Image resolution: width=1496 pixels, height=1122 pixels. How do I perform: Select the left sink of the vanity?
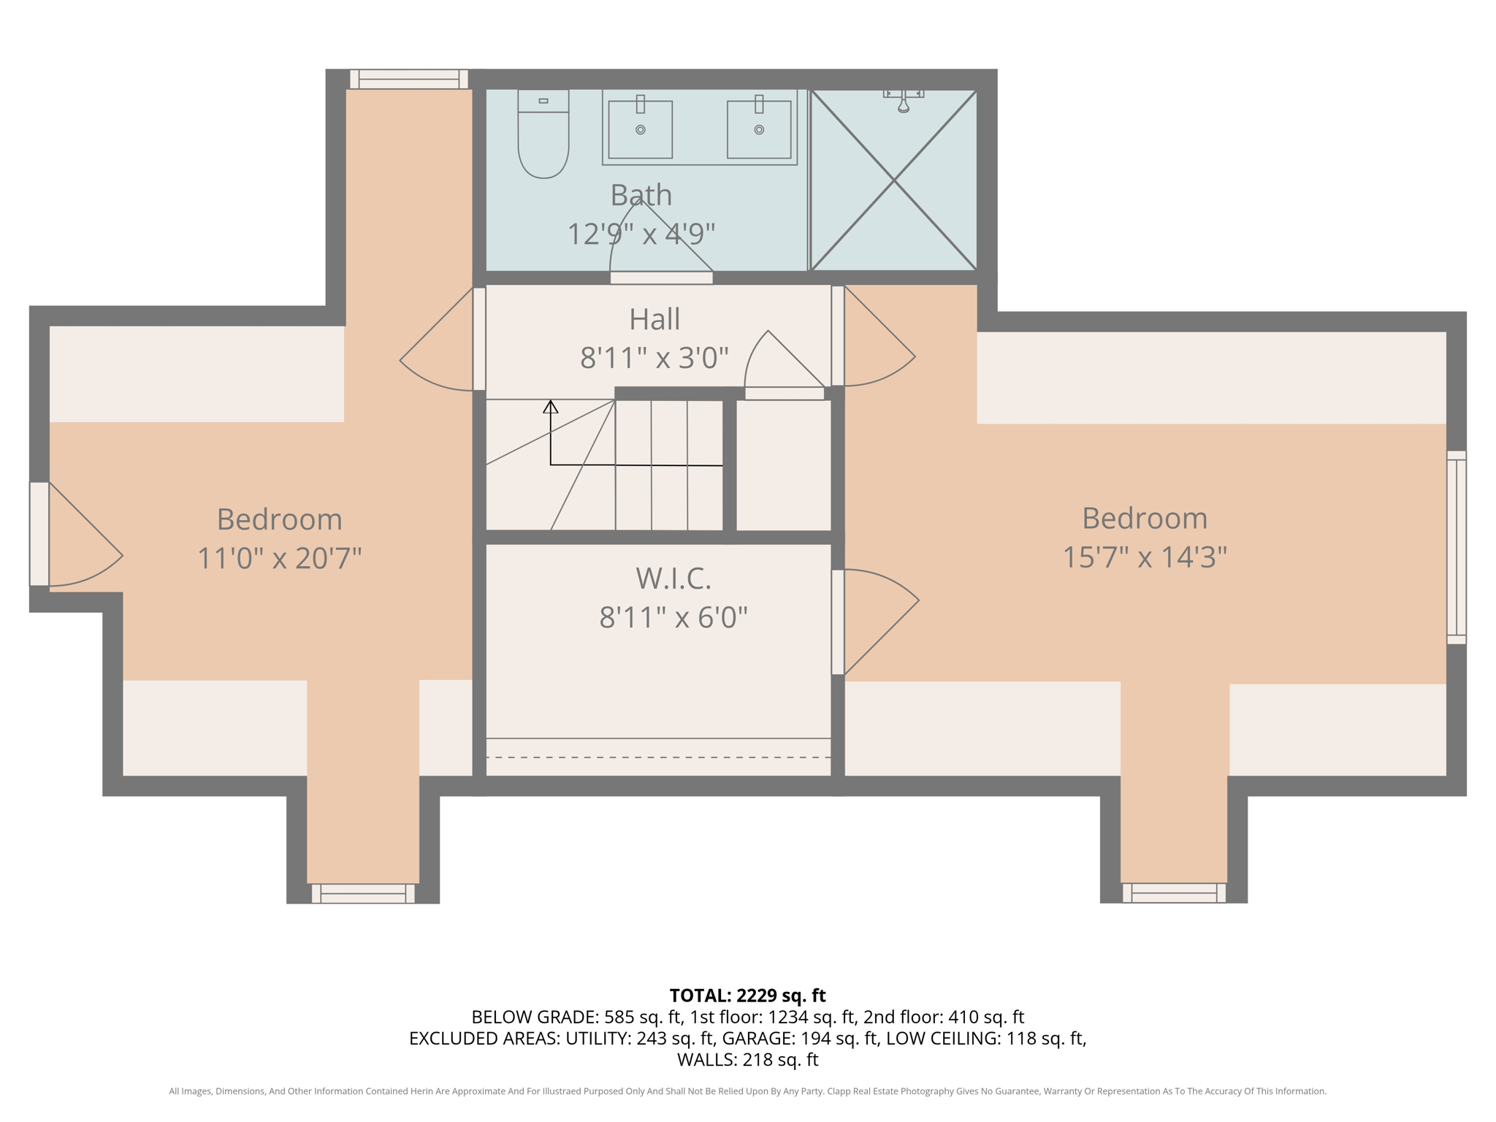[640, 129]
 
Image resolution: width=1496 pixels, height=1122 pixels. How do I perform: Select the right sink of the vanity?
[759, 129]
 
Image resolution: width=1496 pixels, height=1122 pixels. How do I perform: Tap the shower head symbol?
[904, 103]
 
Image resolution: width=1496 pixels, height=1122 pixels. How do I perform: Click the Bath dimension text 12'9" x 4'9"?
[641, 234]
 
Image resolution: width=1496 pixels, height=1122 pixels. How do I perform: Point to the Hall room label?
[654, 319]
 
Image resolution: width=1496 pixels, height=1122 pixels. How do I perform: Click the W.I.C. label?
[673, 579]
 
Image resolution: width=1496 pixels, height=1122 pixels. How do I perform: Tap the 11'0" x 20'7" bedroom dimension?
[280, 559]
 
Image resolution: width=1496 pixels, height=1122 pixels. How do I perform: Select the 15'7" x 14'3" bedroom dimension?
[1144, 557]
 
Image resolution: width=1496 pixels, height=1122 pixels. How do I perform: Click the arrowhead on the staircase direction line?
[551, 407]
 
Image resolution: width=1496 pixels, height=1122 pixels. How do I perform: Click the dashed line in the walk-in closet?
[657, 757]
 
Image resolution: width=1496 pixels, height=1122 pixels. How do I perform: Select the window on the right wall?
[1456, 547]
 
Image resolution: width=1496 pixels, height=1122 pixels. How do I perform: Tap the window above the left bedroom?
[408, 79]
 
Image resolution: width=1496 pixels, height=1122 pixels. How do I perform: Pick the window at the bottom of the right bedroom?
[1174, 893]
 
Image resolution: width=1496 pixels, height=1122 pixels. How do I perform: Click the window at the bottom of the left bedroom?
[363, 893]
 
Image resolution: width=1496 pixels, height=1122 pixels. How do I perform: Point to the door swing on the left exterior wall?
[80, 541]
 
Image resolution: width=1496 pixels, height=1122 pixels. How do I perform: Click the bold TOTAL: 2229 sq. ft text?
[747, 996]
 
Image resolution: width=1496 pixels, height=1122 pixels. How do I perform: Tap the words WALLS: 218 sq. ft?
[747, 1059]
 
